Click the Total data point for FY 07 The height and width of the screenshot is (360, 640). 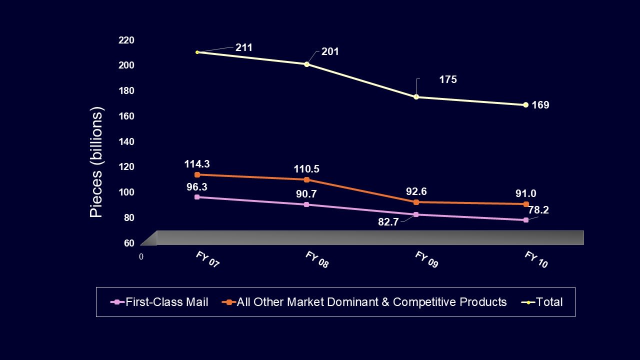coord(197,52)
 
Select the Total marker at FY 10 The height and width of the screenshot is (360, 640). coord(525,104)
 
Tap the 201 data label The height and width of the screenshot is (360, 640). coord(330,51)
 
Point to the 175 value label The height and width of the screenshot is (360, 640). coord(448,79)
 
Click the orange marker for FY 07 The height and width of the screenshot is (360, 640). coord(197,174)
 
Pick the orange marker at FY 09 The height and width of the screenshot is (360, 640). coord(416,202)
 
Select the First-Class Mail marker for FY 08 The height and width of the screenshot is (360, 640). coord(306,204)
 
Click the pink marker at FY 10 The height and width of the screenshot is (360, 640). coord(525,220)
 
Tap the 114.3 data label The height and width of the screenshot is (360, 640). coord(196,163)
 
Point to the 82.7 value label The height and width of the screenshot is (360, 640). coord(388,222)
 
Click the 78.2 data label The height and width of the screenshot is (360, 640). coord(538,210)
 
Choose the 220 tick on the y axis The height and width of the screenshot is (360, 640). coord(126,40)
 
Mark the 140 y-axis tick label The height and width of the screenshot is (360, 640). coord(126,141)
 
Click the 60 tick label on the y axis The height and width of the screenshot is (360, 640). coord(129,243)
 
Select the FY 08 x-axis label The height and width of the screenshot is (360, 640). coord(317,260)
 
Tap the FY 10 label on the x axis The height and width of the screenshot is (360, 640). coord(536,260)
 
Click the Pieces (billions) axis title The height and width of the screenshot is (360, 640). coord(96,162)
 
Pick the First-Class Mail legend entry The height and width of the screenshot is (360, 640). coord(160,302)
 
